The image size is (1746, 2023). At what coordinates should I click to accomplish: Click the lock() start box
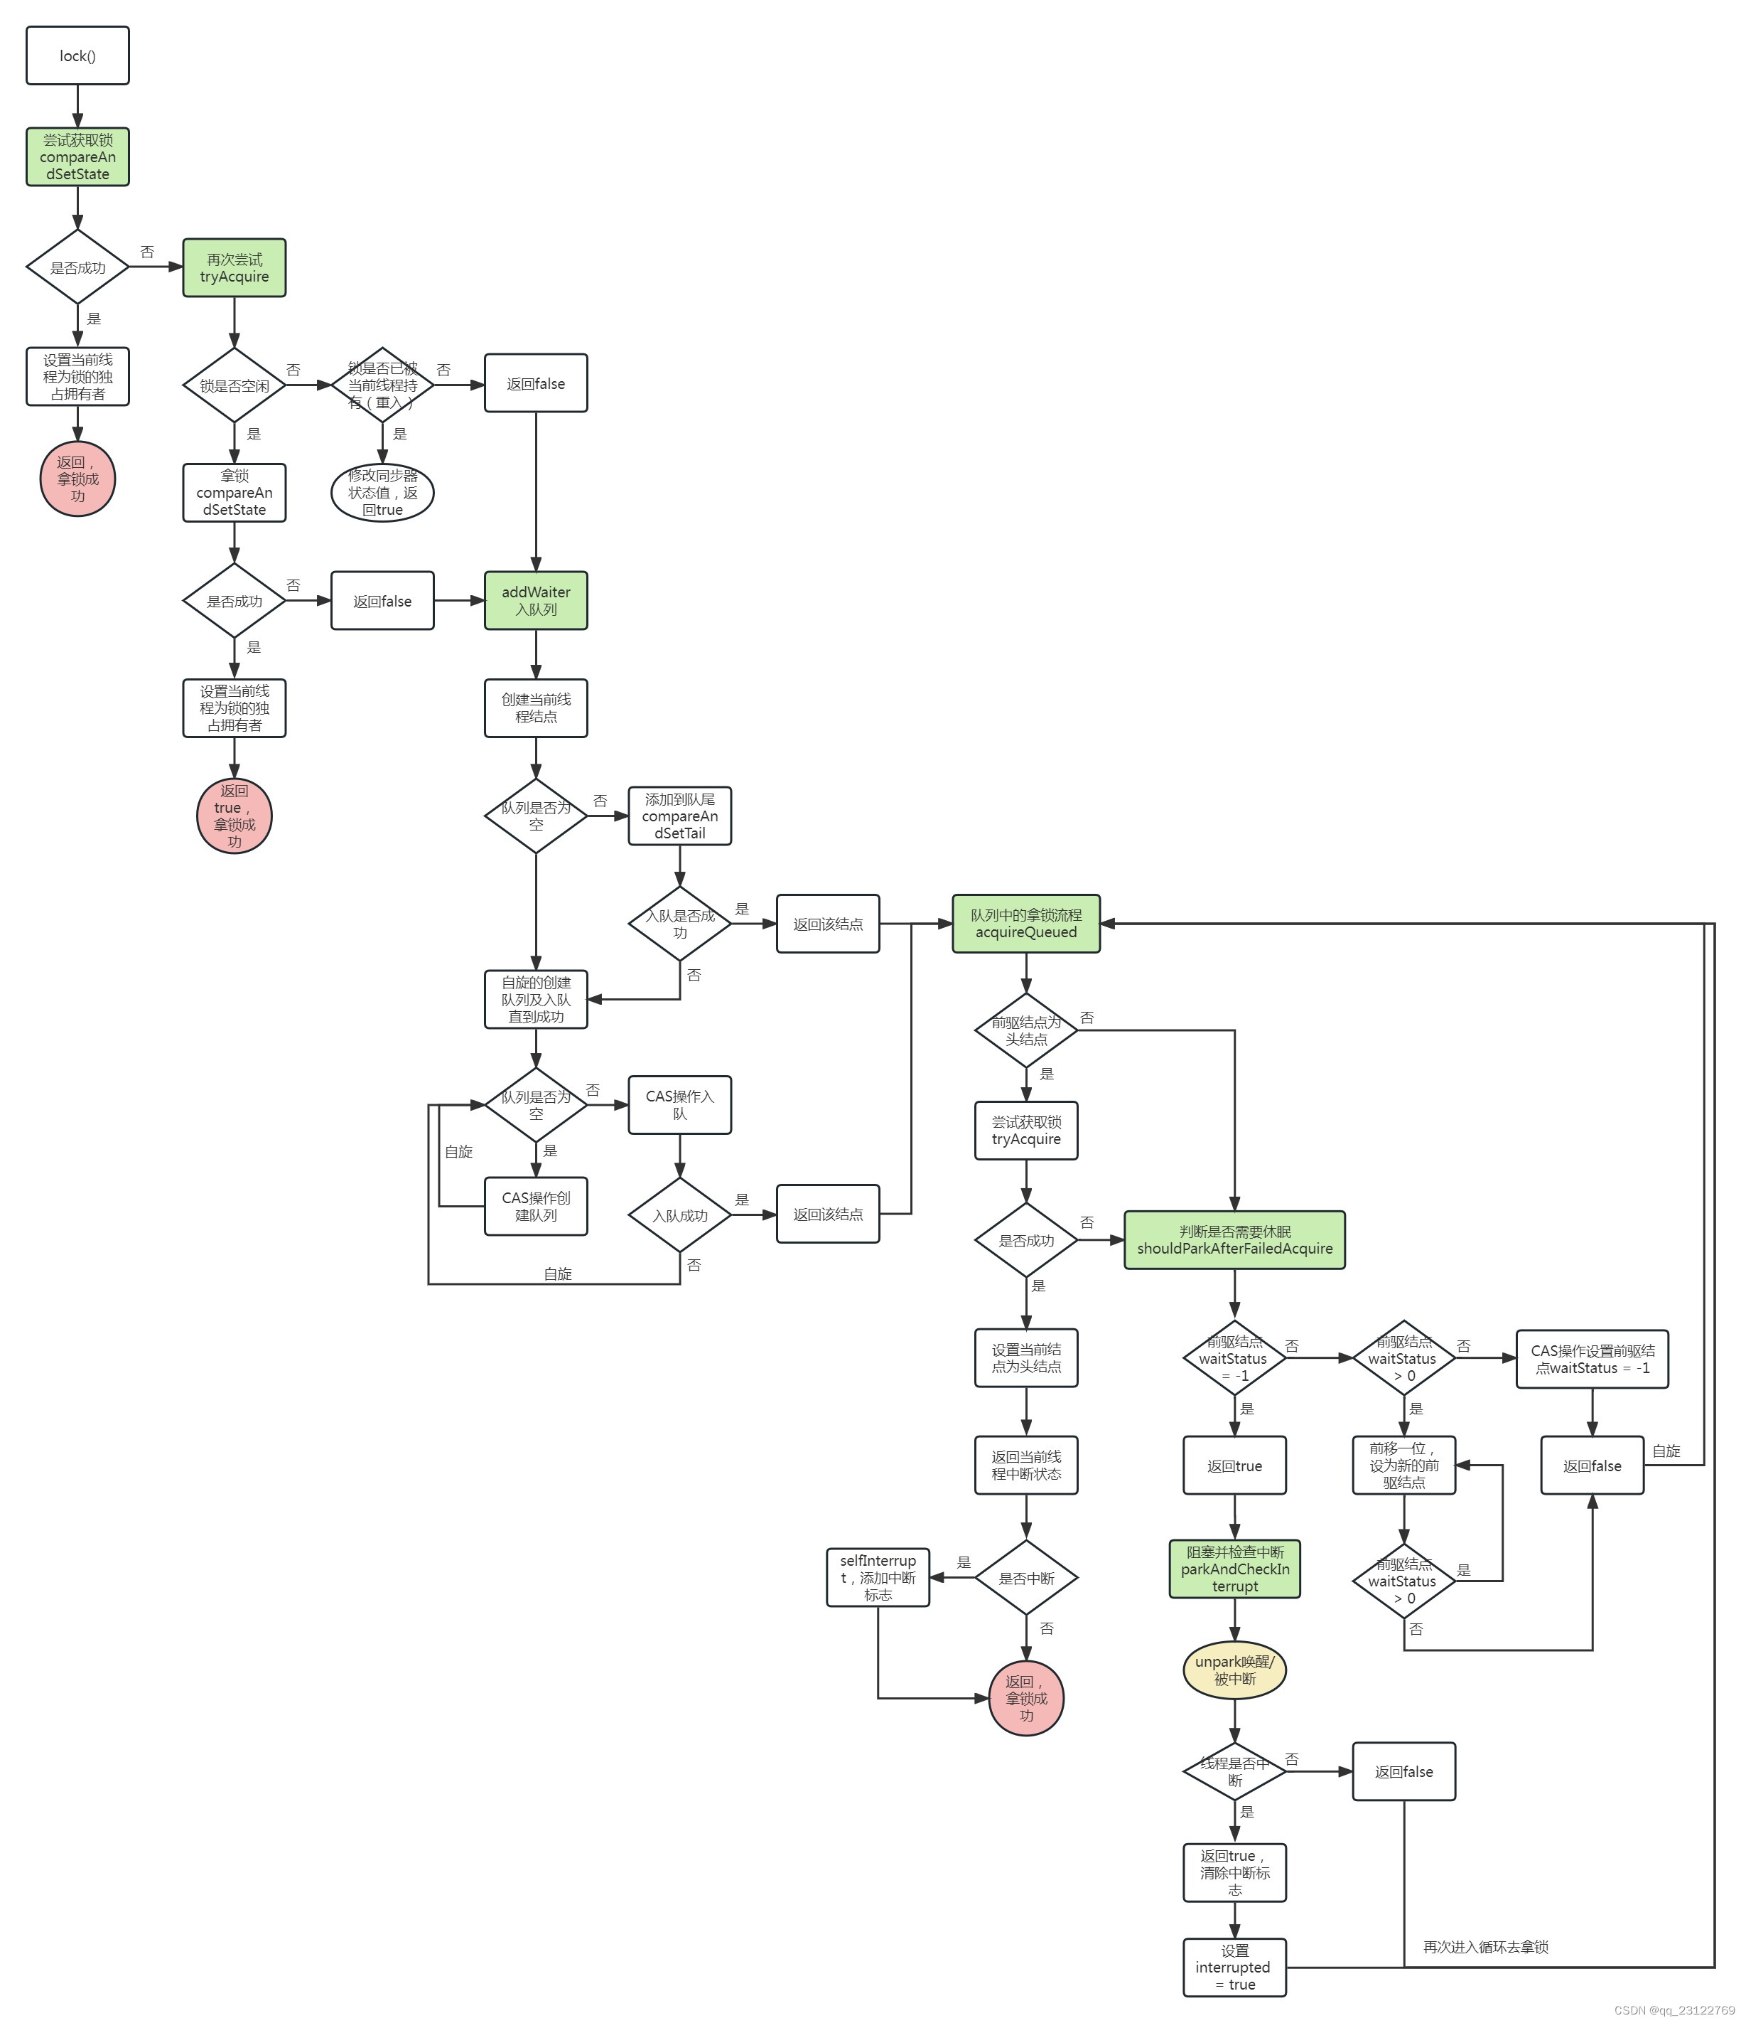[x=77, y=55]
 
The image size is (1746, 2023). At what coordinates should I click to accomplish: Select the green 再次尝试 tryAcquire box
[x=235, y=267]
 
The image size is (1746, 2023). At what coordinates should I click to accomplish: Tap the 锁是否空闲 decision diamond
[x=235, y=385]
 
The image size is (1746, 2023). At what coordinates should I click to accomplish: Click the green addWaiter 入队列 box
[x=536, y=600]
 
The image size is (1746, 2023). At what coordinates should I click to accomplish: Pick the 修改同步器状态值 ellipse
[x=382, y=492]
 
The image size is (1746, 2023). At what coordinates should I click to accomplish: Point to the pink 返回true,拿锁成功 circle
[x=235, y=816]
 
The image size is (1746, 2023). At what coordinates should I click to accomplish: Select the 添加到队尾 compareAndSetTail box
[x=679, y=816]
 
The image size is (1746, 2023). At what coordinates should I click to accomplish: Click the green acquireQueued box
[x=1025, y=924]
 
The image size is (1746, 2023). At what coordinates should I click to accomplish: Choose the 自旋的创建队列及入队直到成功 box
[x=536, y=1000]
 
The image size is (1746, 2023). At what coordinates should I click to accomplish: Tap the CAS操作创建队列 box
[x=536, y=1206]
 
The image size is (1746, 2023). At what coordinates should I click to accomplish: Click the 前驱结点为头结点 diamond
[x=1025, y=1031]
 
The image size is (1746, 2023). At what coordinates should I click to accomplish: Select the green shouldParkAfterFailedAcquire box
[x=1234, y=1240]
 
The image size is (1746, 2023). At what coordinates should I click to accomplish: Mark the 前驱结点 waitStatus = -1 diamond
[x=1234, y=1358]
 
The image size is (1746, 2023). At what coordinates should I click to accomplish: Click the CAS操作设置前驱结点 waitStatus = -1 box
[x=1592, y=1359]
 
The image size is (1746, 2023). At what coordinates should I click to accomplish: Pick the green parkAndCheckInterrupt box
[x=1234, y=1569]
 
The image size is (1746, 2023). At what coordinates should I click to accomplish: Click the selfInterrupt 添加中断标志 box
[x=878, y=1578]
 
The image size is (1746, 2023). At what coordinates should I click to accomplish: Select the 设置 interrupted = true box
[x=1234, y=1968]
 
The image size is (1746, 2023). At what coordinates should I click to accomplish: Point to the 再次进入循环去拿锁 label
[x=1485, y=1947]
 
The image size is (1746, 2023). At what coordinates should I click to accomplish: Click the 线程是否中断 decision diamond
[x=1234, y=1772]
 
